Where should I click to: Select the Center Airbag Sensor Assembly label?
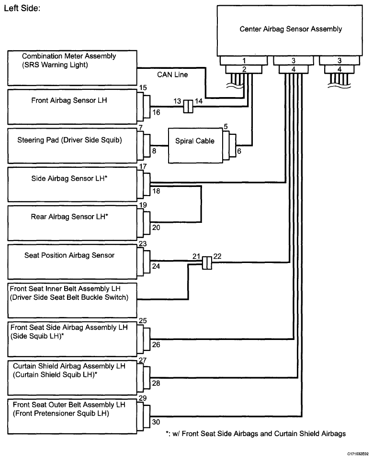pyautogui.click(x=291, y=29)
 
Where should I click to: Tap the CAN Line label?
pyautogui.click(x=172, y=75)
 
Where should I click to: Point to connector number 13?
pyautogui.click(x=177, y=101)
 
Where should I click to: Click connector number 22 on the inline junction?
pyautogui.click(x=217, y=256)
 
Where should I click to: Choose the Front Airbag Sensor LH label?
pyautogui.click(x=69, y=100)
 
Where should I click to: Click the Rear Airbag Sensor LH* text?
pyautogui.click(x=69, y=217)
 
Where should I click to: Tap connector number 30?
pyautogui.click(x=156, y=422)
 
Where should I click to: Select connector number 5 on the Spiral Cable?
pyautogui.click(x=226, y=126)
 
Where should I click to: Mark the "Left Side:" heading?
pyautogui.click(x=22, y=8)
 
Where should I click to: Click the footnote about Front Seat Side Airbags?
pyautogui.click(x=256, y=434)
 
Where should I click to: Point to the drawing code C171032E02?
pyautogui.click(x=358, y=454)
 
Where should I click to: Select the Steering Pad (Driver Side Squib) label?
pyautogui.click(x=69, y=140)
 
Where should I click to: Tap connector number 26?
pyautogui.click(x=156, y=344)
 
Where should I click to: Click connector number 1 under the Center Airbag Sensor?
pyautogui.click(x=244, y=61)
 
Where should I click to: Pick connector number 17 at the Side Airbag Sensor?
pyautogui.click(x=143, y=166)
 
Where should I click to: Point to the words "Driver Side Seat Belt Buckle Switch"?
pyautogui.click(x=69, y=297)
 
